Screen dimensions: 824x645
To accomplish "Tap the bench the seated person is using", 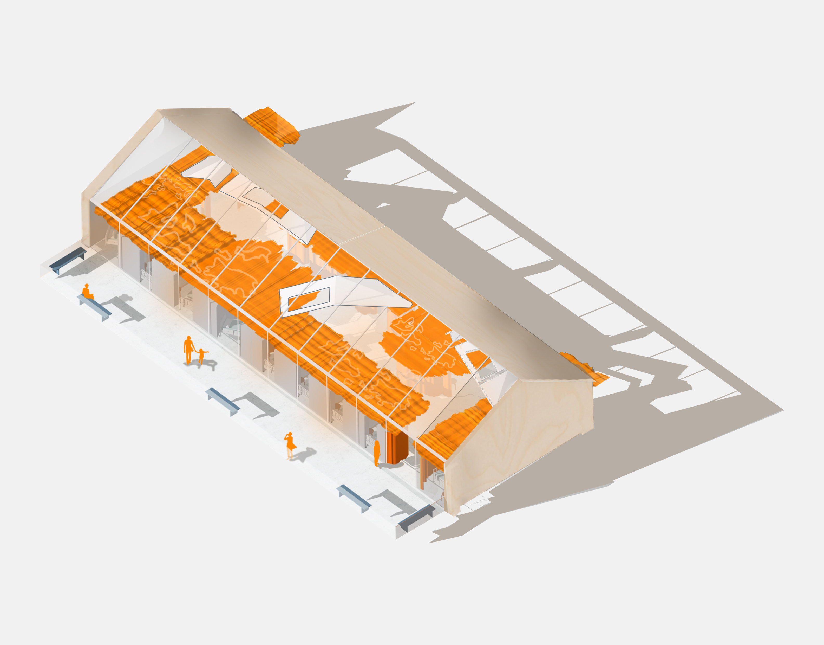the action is (x=95, y=307).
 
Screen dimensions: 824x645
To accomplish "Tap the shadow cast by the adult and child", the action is (x=207, y=364).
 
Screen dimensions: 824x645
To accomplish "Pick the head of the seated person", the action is (x=87, y=286).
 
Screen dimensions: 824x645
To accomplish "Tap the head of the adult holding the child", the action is (x=189, y=337).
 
